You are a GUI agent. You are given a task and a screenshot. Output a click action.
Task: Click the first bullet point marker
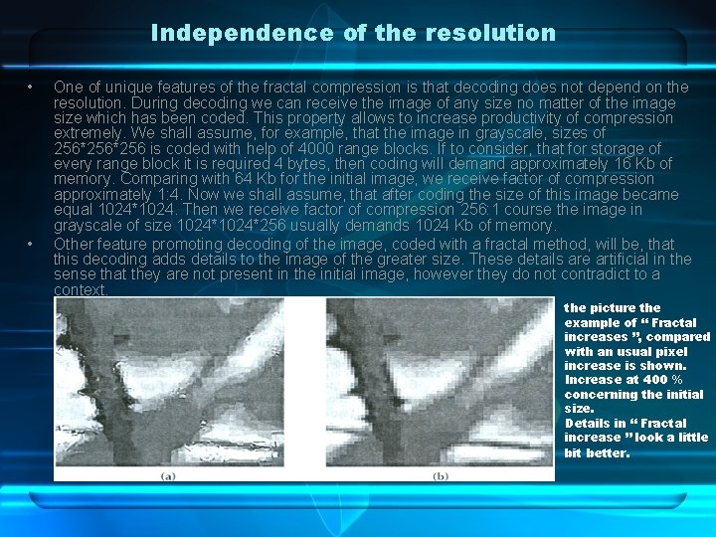click(32, 88)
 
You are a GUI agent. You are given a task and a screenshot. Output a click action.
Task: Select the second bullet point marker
click(32, 244)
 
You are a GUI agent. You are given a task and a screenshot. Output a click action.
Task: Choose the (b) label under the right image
click(441, 476)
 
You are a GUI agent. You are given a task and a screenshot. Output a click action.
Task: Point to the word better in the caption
click(608, 452)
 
